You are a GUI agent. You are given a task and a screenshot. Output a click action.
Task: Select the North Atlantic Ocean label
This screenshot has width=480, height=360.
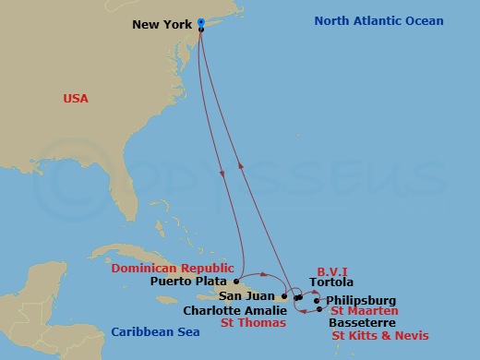point(378,20)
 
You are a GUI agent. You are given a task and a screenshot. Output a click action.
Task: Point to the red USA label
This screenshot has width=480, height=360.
point(76,98)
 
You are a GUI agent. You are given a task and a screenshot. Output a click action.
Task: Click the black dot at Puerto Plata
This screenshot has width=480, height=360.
point(236,281)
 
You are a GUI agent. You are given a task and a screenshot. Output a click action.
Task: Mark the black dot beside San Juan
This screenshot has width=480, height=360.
point(284,296)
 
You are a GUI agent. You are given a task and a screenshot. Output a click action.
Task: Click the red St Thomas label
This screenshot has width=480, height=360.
point(254,324)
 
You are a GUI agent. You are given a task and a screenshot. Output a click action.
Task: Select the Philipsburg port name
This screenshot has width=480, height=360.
point(361,300)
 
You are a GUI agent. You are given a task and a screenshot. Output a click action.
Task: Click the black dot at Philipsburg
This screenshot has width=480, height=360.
point(317,300)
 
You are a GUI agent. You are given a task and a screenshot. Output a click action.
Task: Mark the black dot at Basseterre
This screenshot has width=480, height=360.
point(319,310)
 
